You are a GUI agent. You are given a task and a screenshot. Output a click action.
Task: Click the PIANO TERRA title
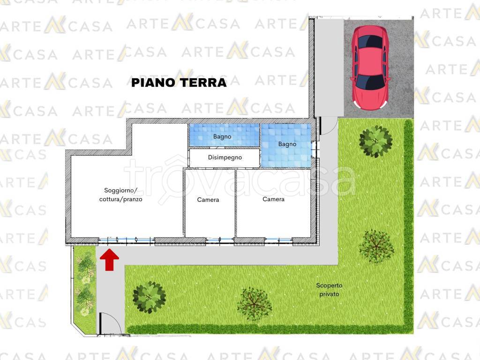[179, 83]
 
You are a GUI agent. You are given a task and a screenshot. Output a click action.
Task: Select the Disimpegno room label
[225, 157]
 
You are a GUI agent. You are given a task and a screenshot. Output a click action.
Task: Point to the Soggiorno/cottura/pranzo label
[121, 195]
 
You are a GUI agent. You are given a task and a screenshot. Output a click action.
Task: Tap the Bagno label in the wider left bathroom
[222, 137]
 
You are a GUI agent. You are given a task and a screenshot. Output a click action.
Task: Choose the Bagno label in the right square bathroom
[287, 144]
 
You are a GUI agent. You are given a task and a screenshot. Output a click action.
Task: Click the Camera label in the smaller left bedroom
[208, 200]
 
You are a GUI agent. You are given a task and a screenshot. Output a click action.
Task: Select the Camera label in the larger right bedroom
[273, 199]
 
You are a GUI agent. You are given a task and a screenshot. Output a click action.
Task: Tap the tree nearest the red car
[375, 141]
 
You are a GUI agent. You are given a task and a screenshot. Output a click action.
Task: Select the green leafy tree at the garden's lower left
[149, 297]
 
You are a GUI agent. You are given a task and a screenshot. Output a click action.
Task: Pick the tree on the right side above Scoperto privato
[376, 246]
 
